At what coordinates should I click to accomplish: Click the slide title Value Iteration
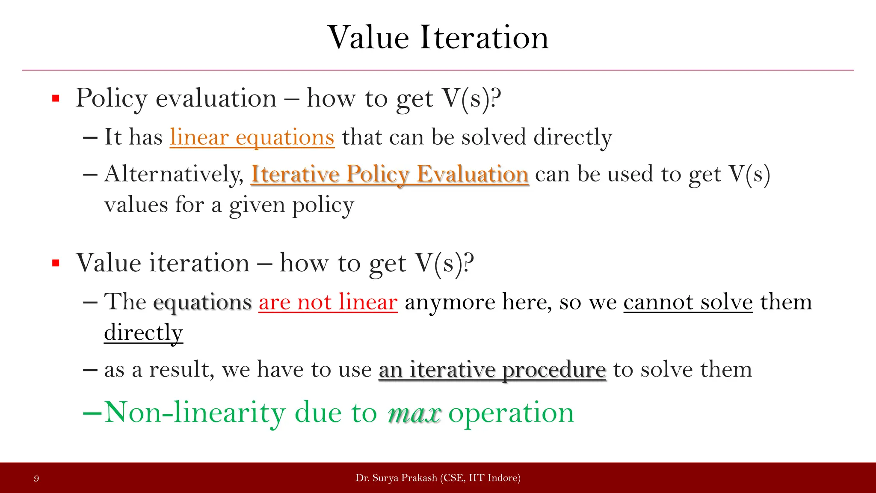[438, 38]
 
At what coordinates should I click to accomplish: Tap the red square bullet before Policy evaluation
[56, 99]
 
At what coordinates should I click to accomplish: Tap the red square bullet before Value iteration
[56, 263]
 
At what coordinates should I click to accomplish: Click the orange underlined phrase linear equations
[252, 137]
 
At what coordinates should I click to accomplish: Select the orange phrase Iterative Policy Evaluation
[390, 174]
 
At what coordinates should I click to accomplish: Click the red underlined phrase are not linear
[328, 302]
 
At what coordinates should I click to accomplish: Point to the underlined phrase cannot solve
[688, 302]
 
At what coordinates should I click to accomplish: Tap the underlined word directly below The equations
[143, 333]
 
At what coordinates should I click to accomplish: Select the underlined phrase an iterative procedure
[492, 369]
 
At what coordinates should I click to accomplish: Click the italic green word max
[414, 413]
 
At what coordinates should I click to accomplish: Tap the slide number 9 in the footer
[36, 478]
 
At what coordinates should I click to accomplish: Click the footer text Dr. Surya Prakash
[396, 478]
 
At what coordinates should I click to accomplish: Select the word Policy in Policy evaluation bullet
[112, 99]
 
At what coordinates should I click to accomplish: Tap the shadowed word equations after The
[202, 302]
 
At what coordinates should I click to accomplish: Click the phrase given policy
[291, 205]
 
